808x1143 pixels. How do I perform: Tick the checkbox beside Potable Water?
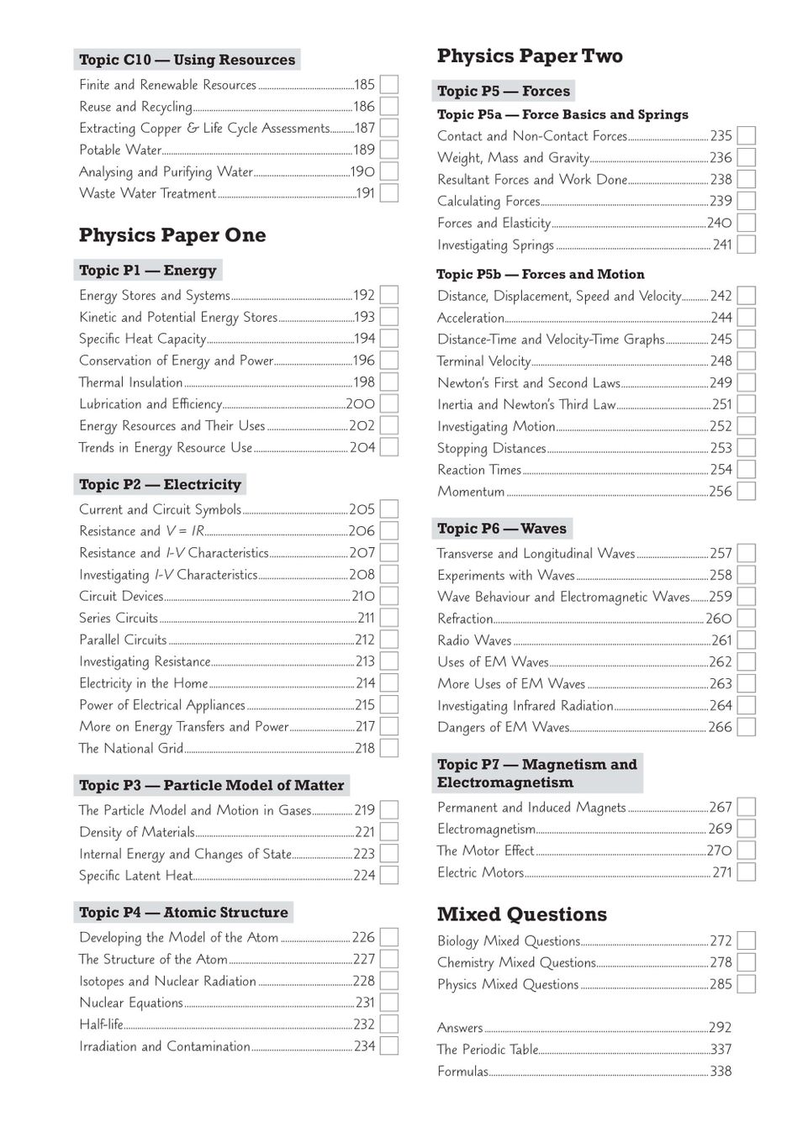point(388,150)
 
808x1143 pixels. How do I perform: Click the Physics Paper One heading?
point(172,235)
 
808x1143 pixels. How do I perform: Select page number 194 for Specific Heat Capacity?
point(364,339)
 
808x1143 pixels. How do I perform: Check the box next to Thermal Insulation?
point(388,382)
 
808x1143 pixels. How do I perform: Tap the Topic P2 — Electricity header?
point(160,485)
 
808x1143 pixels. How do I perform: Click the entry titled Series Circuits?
point(119,619)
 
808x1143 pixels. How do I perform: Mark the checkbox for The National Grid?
point(388,749)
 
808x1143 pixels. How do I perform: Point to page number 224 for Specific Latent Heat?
point(364,876)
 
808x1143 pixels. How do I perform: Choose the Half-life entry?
point(101,1024)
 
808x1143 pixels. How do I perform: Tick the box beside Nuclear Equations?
point(388,1003)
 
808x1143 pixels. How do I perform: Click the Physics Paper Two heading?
point(530,56)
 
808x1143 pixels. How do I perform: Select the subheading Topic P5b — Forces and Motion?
point(540,275)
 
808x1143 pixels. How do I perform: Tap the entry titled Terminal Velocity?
point(483,361)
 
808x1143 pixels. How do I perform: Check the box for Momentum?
point(746,492)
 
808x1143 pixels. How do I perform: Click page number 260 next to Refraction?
point(719,619)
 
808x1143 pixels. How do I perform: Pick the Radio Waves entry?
point(474,640)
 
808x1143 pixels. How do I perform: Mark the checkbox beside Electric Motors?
point(746,872)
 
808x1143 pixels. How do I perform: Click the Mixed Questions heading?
point(521,914)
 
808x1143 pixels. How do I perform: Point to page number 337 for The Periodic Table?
point(721,1050)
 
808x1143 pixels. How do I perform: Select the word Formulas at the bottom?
point(462,1072)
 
